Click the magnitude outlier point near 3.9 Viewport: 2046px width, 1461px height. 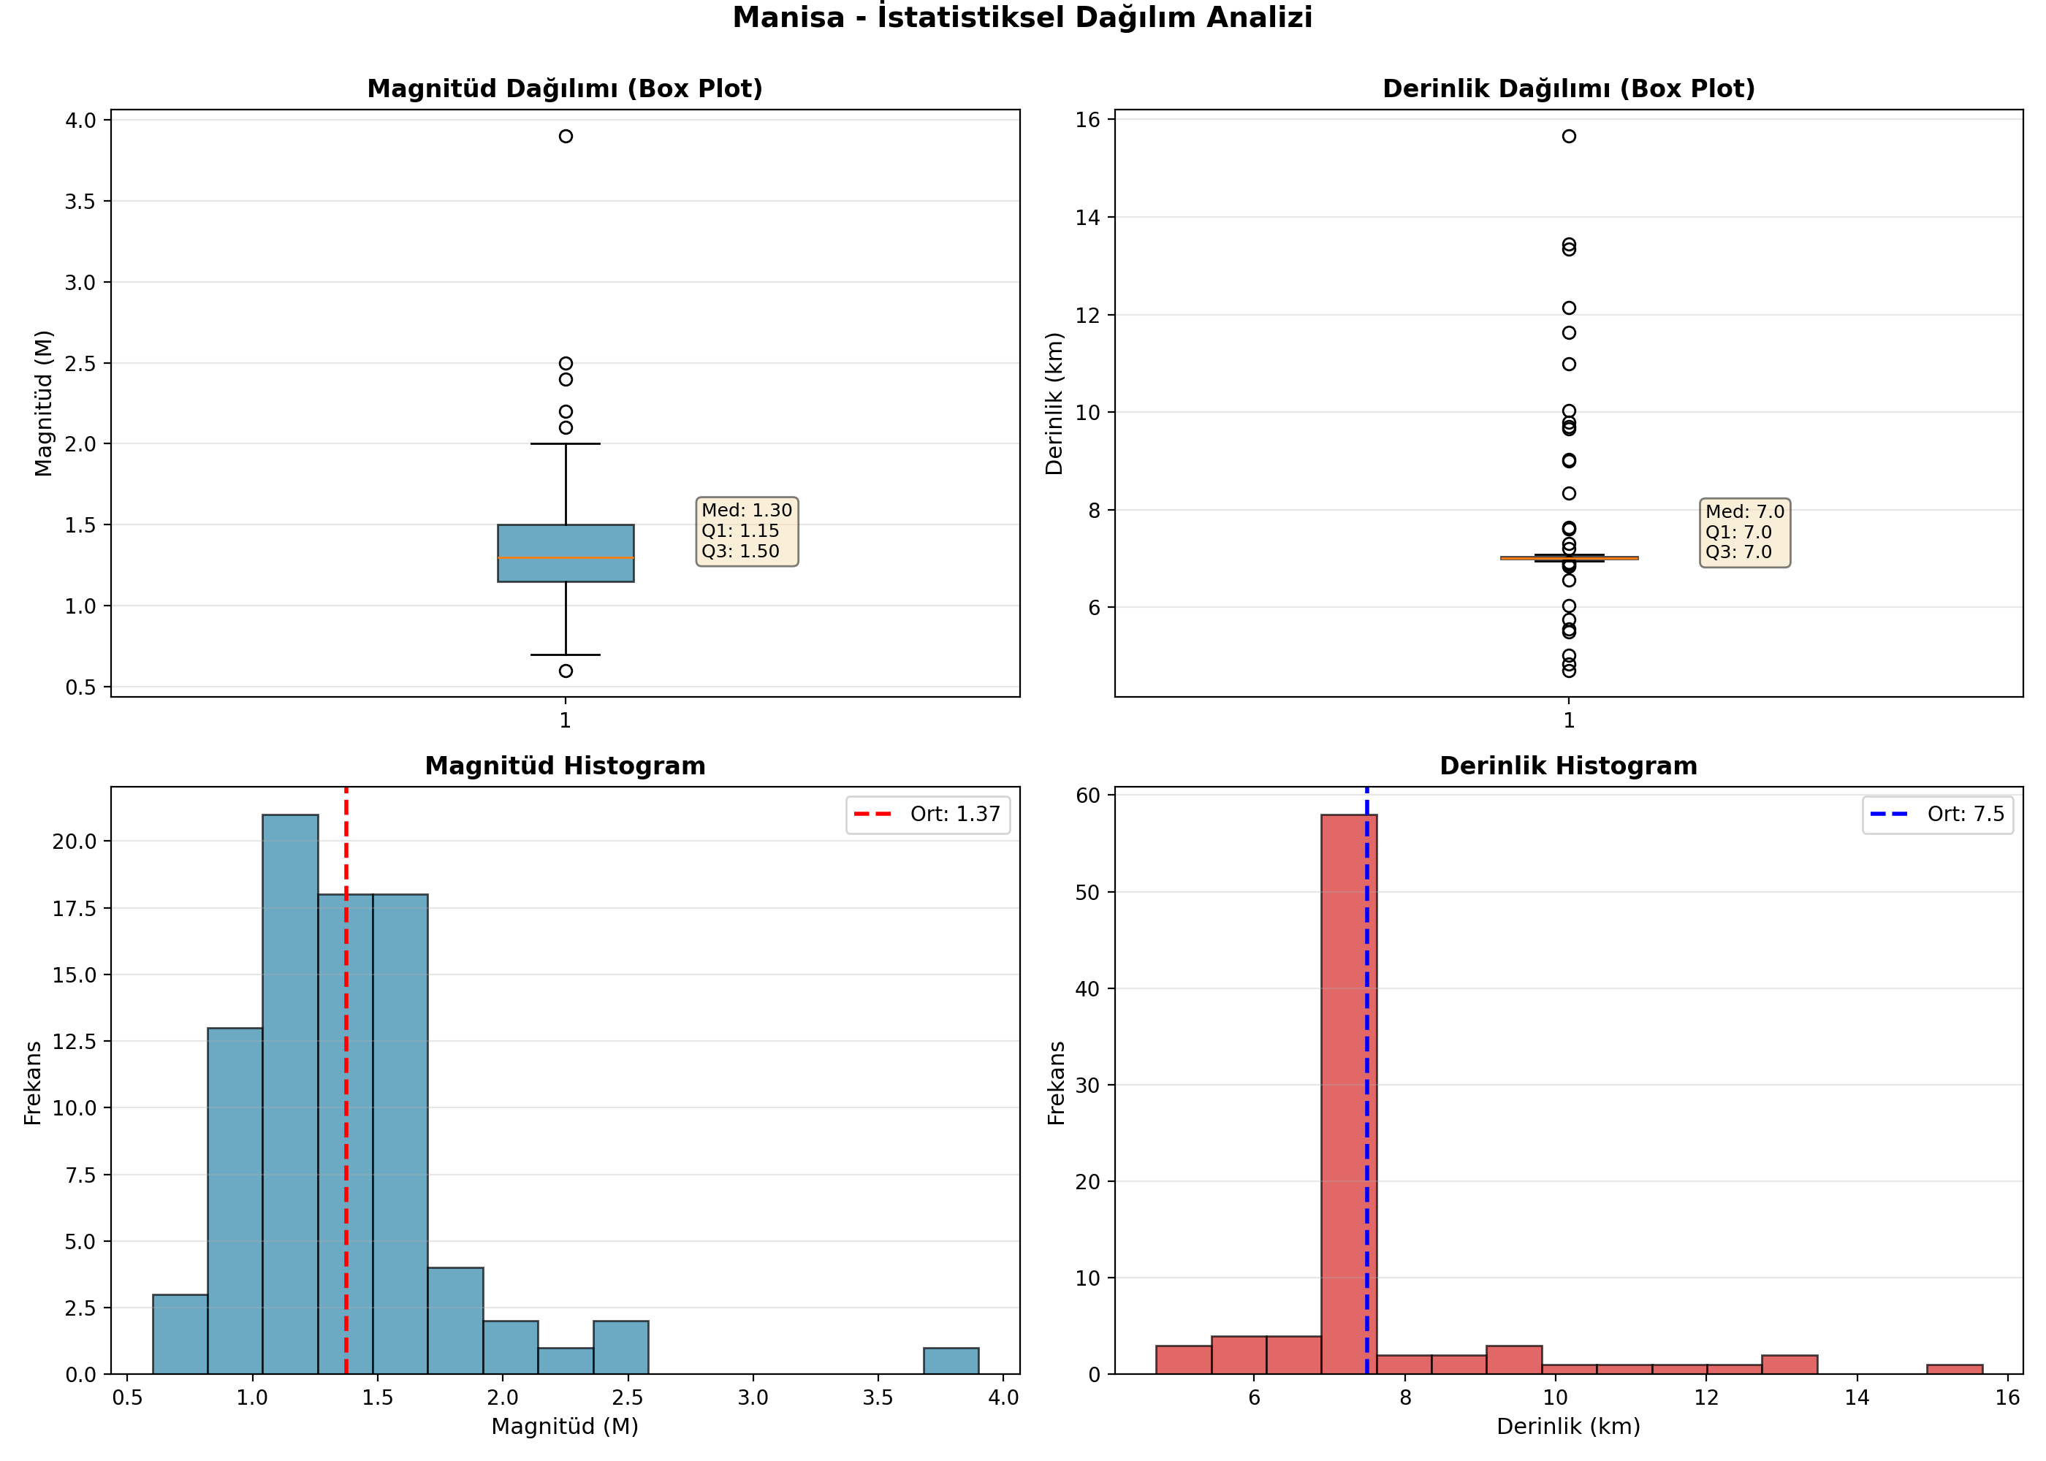[x=565, y=137]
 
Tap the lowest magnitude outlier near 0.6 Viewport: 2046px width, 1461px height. [x=565, y=671]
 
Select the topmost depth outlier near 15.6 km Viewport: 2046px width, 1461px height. [x=1568, y=137]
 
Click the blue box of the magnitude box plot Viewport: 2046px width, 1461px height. [x=565, y=553]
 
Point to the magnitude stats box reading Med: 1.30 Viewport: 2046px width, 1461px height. [x=747, y=532]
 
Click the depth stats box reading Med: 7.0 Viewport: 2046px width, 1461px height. [x=1745, y=533]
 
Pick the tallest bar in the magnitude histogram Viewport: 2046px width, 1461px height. [x=289, y=1095]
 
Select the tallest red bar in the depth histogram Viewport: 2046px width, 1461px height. [x=1348, y=1095]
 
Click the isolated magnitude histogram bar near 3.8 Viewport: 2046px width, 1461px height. [x=951, y=1361]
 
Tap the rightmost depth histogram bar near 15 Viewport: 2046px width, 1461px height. [x=1954, y=1369]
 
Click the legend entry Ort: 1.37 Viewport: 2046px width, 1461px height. [x=927, y=815]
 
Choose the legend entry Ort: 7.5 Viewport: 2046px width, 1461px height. [x=1937, y=815]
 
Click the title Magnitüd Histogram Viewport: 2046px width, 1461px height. [x=565, y=766]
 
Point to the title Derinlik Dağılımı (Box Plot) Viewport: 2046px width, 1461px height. [x=1568, y=88]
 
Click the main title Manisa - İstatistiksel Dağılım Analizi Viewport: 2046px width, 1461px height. [x=1022, y=17]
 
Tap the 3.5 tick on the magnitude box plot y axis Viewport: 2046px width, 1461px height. [x=80, y=202]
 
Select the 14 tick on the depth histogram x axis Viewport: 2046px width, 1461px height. [x=1856, y=1397]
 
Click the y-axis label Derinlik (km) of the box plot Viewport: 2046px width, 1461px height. [x=1054, y=404]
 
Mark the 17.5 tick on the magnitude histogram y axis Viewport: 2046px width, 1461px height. [x=74, y=908]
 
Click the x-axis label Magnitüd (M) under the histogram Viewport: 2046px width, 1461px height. [x=565, y=1426]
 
